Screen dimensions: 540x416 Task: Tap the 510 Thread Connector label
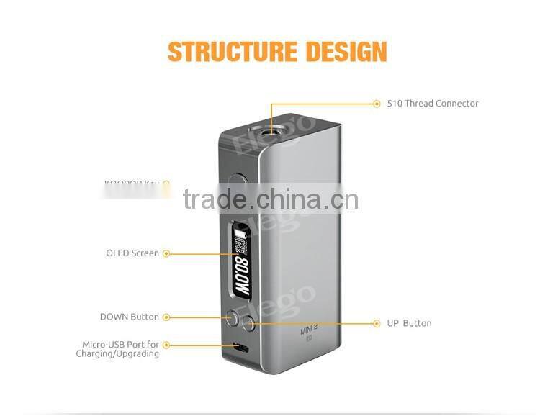[x=432, y=104]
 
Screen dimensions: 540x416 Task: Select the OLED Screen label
[x=132, y=253]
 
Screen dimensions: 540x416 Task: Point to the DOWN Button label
[x=130, y=317]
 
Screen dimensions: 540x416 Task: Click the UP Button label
[x=409, y=323]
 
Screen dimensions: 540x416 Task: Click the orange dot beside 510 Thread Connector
[x=377, y=104]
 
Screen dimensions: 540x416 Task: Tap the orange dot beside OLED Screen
[x=166, y=253]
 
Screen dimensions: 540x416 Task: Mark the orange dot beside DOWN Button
[x=166, y=317]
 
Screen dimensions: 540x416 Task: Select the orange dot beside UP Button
[x=377, y=323]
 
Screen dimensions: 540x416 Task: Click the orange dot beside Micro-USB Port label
[x=166, y=345]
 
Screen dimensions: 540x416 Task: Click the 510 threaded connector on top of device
[x=271, y=132]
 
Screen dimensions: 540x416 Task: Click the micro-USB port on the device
[x=240, y=348]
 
